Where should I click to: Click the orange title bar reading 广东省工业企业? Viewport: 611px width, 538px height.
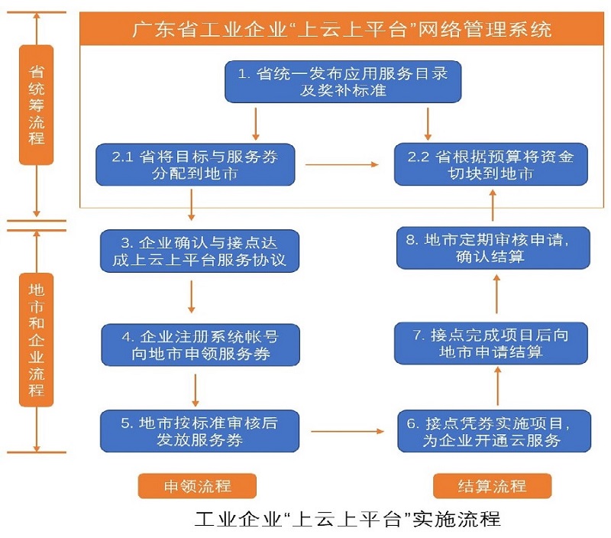341,30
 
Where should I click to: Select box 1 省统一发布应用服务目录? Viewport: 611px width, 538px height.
343,82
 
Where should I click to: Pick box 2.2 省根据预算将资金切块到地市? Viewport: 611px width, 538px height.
491,164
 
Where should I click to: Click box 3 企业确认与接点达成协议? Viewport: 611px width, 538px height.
199,251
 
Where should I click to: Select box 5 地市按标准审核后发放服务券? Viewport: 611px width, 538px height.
199,432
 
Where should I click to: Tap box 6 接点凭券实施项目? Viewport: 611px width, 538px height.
494,432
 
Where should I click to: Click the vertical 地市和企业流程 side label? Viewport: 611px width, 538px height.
36,340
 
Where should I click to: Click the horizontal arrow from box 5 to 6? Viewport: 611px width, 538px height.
347,432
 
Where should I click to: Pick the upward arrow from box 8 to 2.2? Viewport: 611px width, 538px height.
493,206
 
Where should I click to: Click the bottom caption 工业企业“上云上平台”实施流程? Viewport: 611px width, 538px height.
348,520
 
